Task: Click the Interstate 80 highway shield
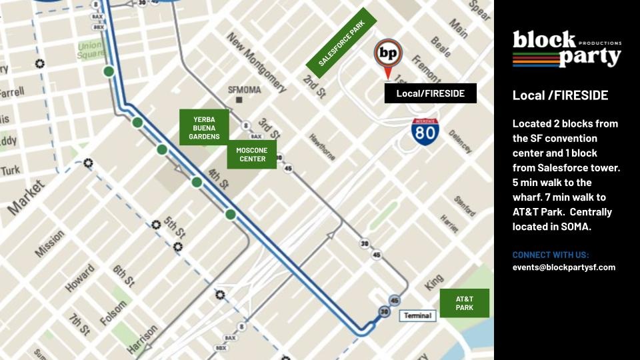click(425, 131)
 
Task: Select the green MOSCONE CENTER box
click(252, 155)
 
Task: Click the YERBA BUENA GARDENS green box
click(204, 127)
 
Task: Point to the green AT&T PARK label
click(465, 303)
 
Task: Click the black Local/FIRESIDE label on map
click(430, 93)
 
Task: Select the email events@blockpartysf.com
click(563, 267)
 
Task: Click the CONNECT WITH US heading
click(551, 255)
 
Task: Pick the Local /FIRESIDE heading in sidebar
click(560, 95)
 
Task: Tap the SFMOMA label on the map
click(245, 89)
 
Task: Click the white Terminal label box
click(417, 315)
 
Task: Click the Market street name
click(27, 199)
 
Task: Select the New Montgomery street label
click(257, 63)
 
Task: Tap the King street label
click(434, 283)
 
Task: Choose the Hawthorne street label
click(322, 147)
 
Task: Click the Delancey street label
click(460, 141)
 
